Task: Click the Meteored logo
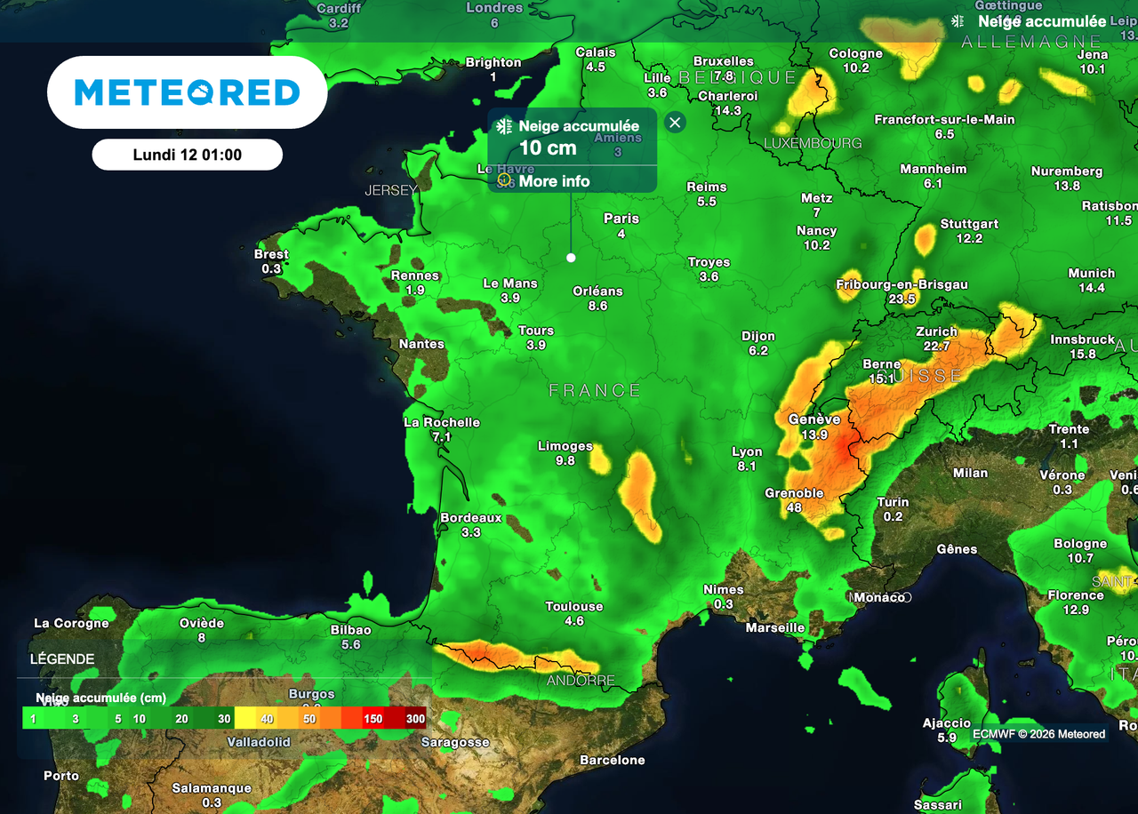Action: pyautogui.click(x=187, y=92)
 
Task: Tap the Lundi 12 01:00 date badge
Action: pyautogui.click(x=187, y=155)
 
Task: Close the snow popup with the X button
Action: pyautogui.click(x=675, y=123)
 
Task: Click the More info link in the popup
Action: pyautogui.click(x=554, y=181)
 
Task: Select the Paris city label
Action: pyautogui.click(x=621, y=219)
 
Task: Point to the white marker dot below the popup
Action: pyautogui.click(x=571, y=258)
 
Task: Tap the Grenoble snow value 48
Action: pyautogui.click(x=794, y=507)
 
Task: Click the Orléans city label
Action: pyautogui.click(x=597, y=291)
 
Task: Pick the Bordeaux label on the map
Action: pyautogui.click(x=471, y=517)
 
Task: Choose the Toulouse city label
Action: pyautogui.click(x=574, y=606)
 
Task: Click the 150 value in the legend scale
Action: pyautogui.click(x=373, y=719)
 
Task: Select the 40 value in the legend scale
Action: pyautogui.click(x=267, y=719)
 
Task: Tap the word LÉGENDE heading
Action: pyautogui.click(x=62, y=659)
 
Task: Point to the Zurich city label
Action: pyautogui.click(x=936, y=331)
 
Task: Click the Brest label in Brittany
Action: pyautogui.click(x=271, y=254)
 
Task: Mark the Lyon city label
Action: pyautogui.click(x=747, y=451)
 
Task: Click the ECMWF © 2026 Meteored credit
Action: pyautogui.click(x=1038, y=734)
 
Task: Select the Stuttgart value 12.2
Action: pyautogui.click(x=969, y=238)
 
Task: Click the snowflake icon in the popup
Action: pyautogui.click(x=504, y=126)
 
